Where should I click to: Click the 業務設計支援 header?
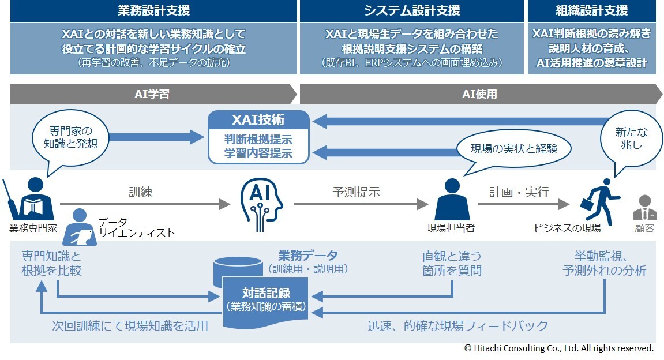pyautogui.click(x=153, y=10)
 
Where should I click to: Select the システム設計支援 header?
pyautogui.click(x=412, y=10)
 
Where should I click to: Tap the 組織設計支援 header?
pyautogui.click(x=592, y=10)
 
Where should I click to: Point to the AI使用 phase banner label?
pyautogui.click(x=479, y=94)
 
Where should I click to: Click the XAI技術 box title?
pyautogui.click(x=258, y=121)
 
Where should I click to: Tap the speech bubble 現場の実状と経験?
pyautogui.click(x=514, y=149)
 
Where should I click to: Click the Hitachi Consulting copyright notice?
pyautogui.click(x=558, y=348)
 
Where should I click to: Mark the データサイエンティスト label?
pyautogui.click(x=136, y=228)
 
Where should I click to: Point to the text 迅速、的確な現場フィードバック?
pyautogui.click(x=457, y=327)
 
